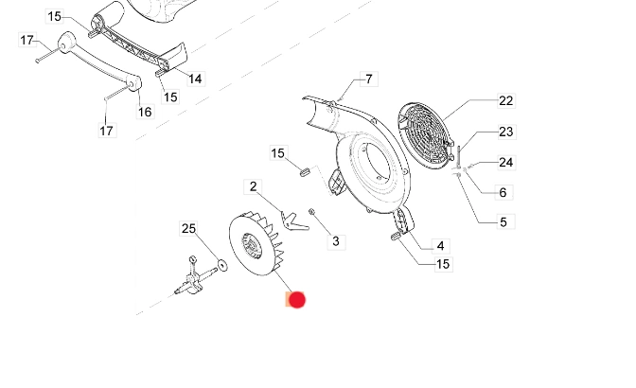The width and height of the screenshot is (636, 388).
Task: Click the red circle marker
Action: click(297, 300)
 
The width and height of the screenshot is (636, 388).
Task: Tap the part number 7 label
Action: click(368, 79)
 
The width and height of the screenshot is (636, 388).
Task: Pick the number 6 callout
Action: click(502, 192)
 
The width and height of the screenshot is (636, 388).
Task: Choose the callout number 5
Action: click(502, 222)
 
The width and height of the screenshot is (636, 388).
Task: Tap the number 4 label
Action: click(440, 245)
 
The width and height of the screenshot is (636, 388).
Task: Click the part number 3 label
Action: click(335, 241)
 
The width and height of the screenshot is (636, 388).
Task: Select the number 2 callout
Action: click(253, 186)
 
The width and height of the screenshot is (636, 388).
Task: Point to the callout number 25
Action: click(189, 228)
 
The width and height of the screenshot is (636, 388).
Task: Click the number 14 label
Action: click(195, 79)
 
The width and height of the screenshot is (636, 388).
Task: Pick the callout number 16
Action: click(145, 112)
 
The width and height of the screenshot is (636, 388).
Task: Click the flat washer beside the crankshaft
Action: click(220, 264)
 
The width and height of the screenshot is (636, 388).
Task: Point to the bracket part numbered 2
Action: click(297, 221)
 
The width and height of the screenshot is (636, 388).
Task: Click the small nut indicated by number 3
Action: click(312, 212)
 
